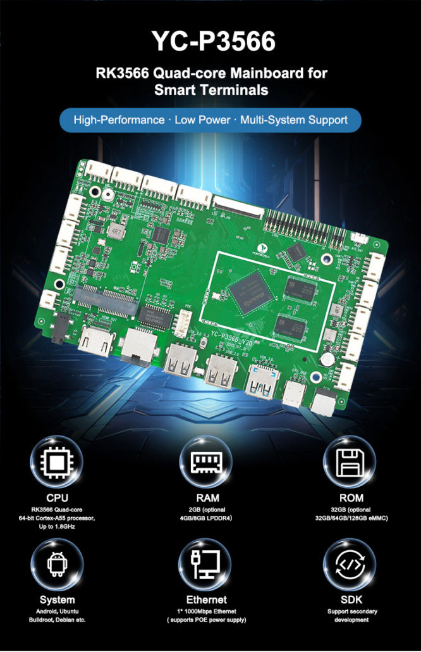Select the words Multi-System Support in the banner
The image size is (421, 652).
click(x=294, y=120)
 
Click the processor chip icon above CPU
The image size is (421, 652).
click(x=57, y=460)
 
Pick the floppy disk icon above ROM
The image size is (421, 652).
click(x=349, y=460)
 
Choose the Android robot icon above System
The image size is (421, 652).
click(x=57, y=563)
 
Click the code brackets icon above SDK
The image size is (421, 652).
click(x=349, y=563)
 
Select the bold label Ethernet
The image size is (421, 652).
click(x=207, y=599)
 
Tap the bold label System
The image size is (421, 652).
click(x=57, y=599)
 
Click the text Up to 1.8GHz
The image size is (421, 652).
click(x=57, y=527)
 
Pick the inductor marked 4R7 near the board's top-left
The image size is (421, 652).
click(x=117, y=232)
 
